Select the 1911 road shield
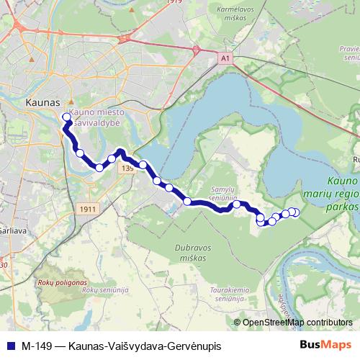[x=86, y=208]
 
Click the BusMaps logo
[x=325, y=345]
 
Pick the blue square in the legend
[x=10, y=345]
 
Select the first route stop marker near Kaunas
[x=66, y=117]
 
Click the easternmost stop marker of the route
[x=294, y=212]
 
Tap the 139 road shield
[x=127, y=168]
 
